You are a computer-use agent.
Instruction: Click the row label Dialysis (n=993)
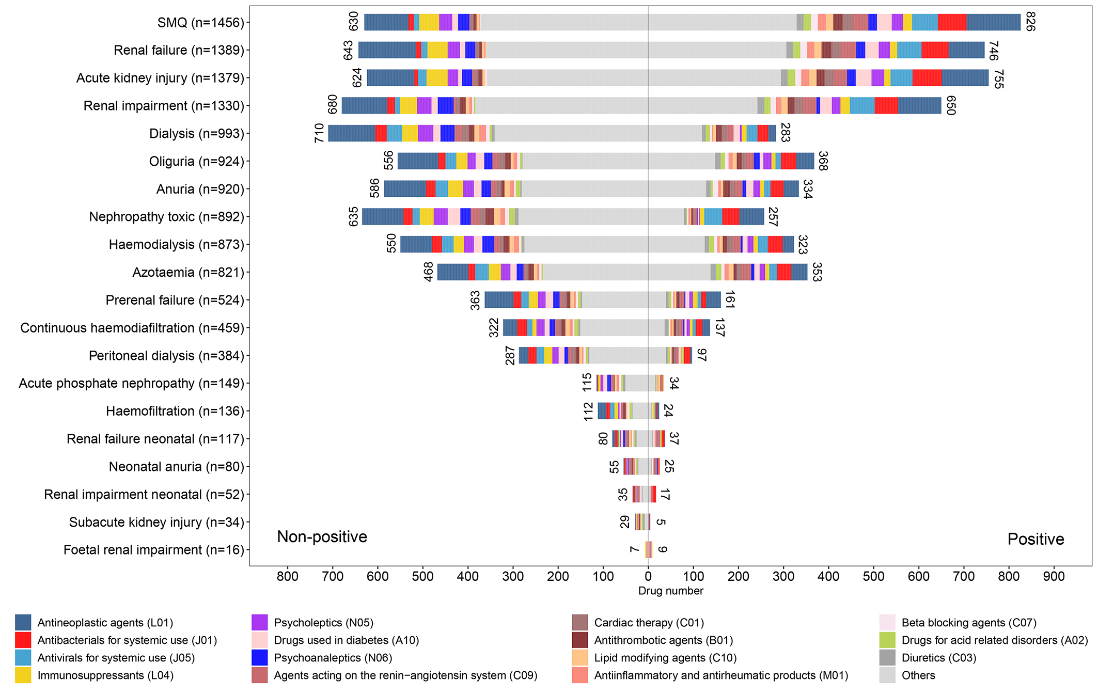(196, 134)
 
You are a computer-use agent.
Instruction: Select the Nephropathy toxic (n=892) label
(166, 217)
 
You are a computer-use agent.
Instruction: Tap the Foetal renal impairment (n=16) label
(153, 550)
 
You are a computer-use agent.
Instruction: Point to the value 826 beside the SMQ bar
(1030, 22)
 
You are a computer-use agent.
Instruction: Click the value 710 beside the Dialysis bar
(320, 133)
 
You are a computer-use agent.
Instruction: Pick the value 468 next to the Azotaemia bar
(429, 272)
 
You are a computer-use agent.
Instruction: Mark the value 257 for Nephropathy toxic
(773, 217)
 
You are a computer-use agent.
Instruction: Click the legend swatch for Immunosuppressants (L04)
(23, 675)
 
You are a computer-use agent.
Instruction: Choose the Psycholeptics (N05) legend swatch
(259, 623)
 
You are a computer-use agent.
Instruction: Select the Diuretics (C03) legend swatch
(887, 658)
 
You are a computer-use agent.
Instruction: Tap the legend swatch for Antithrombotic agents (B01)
(580, 640)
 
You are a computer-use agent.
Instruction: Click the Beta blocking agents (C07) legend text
(969, 623)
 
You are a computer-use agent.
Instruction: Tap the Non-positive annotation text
(322, 537)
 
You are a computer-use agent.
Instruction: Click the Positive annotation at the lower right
(1036, 539)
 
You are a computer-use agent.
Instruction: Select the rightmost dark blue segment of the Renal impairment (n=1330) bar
(919, 105)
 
